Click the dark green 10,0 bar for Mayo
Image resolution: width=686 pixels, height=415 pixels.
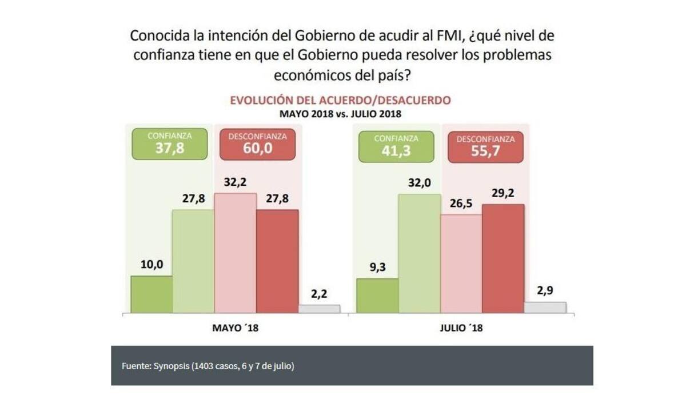[x=151, y=294]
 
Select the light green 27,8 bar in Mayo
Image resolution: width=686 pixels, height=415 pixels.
[x=193, y=261]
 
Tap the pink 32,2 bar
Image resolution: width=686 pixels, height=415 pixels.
[x=235, y=253]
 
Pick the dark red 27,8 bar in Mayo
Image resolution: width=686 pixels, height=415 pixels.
[x=277, y=261]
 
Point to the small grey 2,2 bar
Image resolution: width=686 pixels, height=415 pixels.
[x=319, y=309]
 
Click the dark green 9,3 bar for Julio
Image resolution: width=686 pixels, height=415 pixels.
[x=377, y=296]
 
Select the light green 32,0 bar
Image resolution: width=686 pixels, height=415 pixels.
[x=419, y=254]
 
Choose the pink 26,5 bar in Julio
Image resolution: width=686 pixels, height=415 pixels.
[x=461, y=264]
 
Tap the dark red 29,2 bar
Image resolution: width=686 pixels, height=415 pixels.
[x=503, y=258]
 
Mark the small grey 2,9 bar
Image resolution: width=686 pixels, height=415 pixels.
[x=545, y=307]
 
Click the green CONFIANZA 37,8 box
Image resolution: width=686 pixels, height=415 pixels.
[x=169, y=143]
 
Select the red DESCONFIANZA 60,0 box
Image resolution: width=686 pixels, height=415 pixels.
[x=257, y=143]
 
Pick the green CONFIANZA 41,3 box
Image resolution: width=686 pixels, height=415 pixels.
[x=396, y=146]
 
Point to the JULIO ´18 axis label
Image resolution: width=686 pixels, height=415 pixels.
[x=461, y=329]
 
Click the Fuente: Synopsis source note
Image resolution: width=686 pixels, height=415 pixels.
[x=208, y=366]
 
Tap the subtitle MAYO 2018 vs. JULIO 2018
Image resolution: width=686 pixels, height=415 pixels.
[x=340, y=114]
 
